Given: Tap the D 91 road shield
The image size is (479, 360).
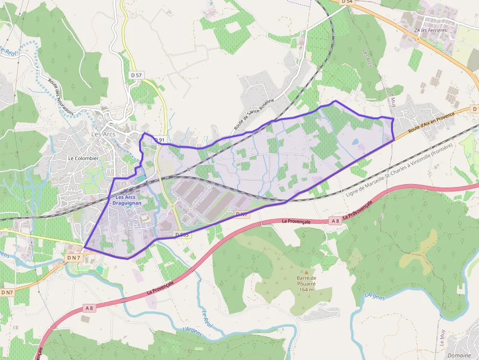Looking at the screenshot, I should [x=160, y=140].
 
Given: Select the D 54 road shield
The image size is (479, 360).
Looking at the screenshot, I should [x=347, y=2].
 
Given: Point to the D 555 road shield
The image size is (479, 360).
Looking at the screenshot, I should [x=182, y=235].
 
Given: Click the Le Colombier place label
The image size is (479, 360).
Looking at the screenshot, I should [x=83, y=158].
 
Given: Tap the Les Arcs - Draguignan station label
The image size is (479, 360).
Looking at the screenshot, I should [x=123, y=200].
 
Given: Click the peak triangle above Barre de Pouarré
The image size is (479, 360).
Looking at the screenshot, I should [x=306, y=272].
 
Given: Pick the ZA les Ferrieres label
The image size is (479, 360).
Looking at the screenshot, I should [x=431, y=30].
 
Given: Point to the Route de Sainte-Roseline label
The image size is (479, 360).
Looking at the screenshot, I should [x=254, y=114].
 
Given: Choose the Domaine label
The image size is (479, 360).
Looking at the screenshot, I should [x=459, y=355].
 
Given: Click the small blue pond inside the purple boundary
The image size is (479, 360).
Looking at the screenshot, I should [x=355, y=142].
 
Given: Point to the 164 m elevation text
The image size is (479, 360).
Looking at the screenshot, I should [x=306, y=290].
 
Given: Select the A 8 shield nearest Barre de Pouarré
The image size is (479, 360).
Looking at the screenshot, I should [x=335, y=221].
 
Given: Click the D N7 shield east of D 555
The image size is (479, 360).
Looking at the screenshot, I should [x=241, y=214].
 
